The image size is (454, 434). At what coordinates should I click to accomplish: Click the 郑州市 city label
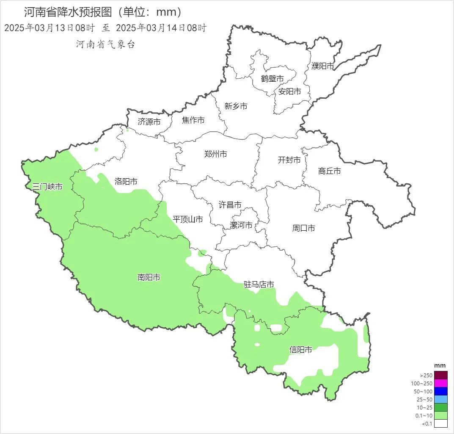(x=215, y=154)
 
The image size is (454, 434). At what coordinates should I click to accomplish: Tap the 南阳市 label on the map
(x=149, y=277)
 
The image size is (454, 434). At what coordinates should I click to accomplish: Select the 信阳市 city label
(x=301, y=350)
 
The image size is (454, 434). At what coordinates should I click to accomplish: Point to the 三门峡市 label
(x=47, y=187)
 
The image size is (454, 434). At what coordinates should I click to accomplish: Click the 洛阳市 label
(x=126, y=181)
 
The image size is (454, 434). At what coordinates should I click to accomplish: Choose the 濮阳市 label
(x=323, y=66)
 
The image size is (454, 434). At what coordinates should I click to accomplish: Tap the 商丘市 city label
(x=329, y=171)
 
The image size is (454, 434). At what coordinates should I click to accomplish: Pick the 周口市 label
(x=303, y=228)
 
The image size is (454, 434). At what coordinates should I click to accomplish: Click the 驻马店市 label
(x=259, y=284)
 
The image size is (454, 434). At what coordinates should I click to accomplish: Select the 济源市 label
(x=149, y=122)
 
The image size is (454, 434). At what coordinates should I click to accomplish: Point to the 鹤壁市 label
(x=272, y=78)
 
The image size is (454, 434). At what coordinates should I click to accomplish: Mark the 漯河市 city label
(x=241, y=225)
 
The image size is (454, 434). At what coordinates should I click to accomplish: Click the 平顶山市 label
(x=188, y=219)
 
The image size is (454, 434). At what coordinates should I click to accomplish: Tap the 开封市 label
(x=289, y=160)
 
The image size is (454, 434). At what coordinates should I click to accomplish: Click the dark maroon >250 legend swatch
(x=440, y=375)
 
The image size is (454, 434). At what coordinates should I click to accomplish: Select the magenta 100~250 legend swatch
(x=440, y=383)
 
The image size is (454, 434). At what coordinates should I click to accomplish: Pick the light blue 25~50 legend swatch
(x=440, y=399)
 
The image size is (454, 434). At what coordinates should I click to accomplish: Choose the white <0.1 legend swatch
(x=440, y=423)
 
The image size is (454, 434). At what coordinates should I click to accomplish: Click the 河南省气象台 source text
(x=105, y=44)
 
